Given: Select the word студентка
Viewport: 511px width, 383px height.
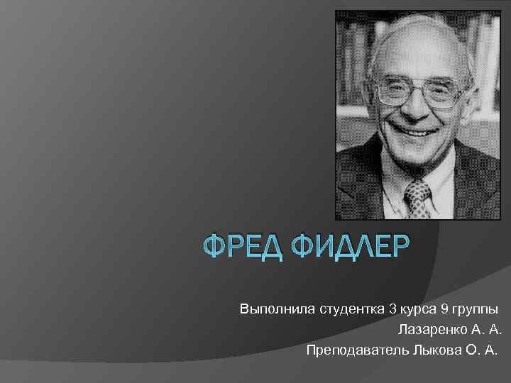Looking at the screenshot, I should click(346, 310).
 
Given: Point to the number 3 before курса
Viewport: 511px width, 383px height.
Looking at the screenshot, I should click(392, 310).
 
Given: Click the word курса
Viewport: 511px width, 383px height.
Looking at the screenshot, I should click(419, 310).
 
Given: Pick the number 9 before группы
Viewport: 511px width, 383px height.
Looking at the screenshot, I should click(445, 310).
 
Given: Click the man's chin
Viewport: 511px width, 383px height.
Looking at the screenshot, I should click(416, 153).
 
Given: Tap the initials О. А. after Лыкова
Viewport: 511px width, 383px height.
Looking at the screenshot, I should click(479, 350).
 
